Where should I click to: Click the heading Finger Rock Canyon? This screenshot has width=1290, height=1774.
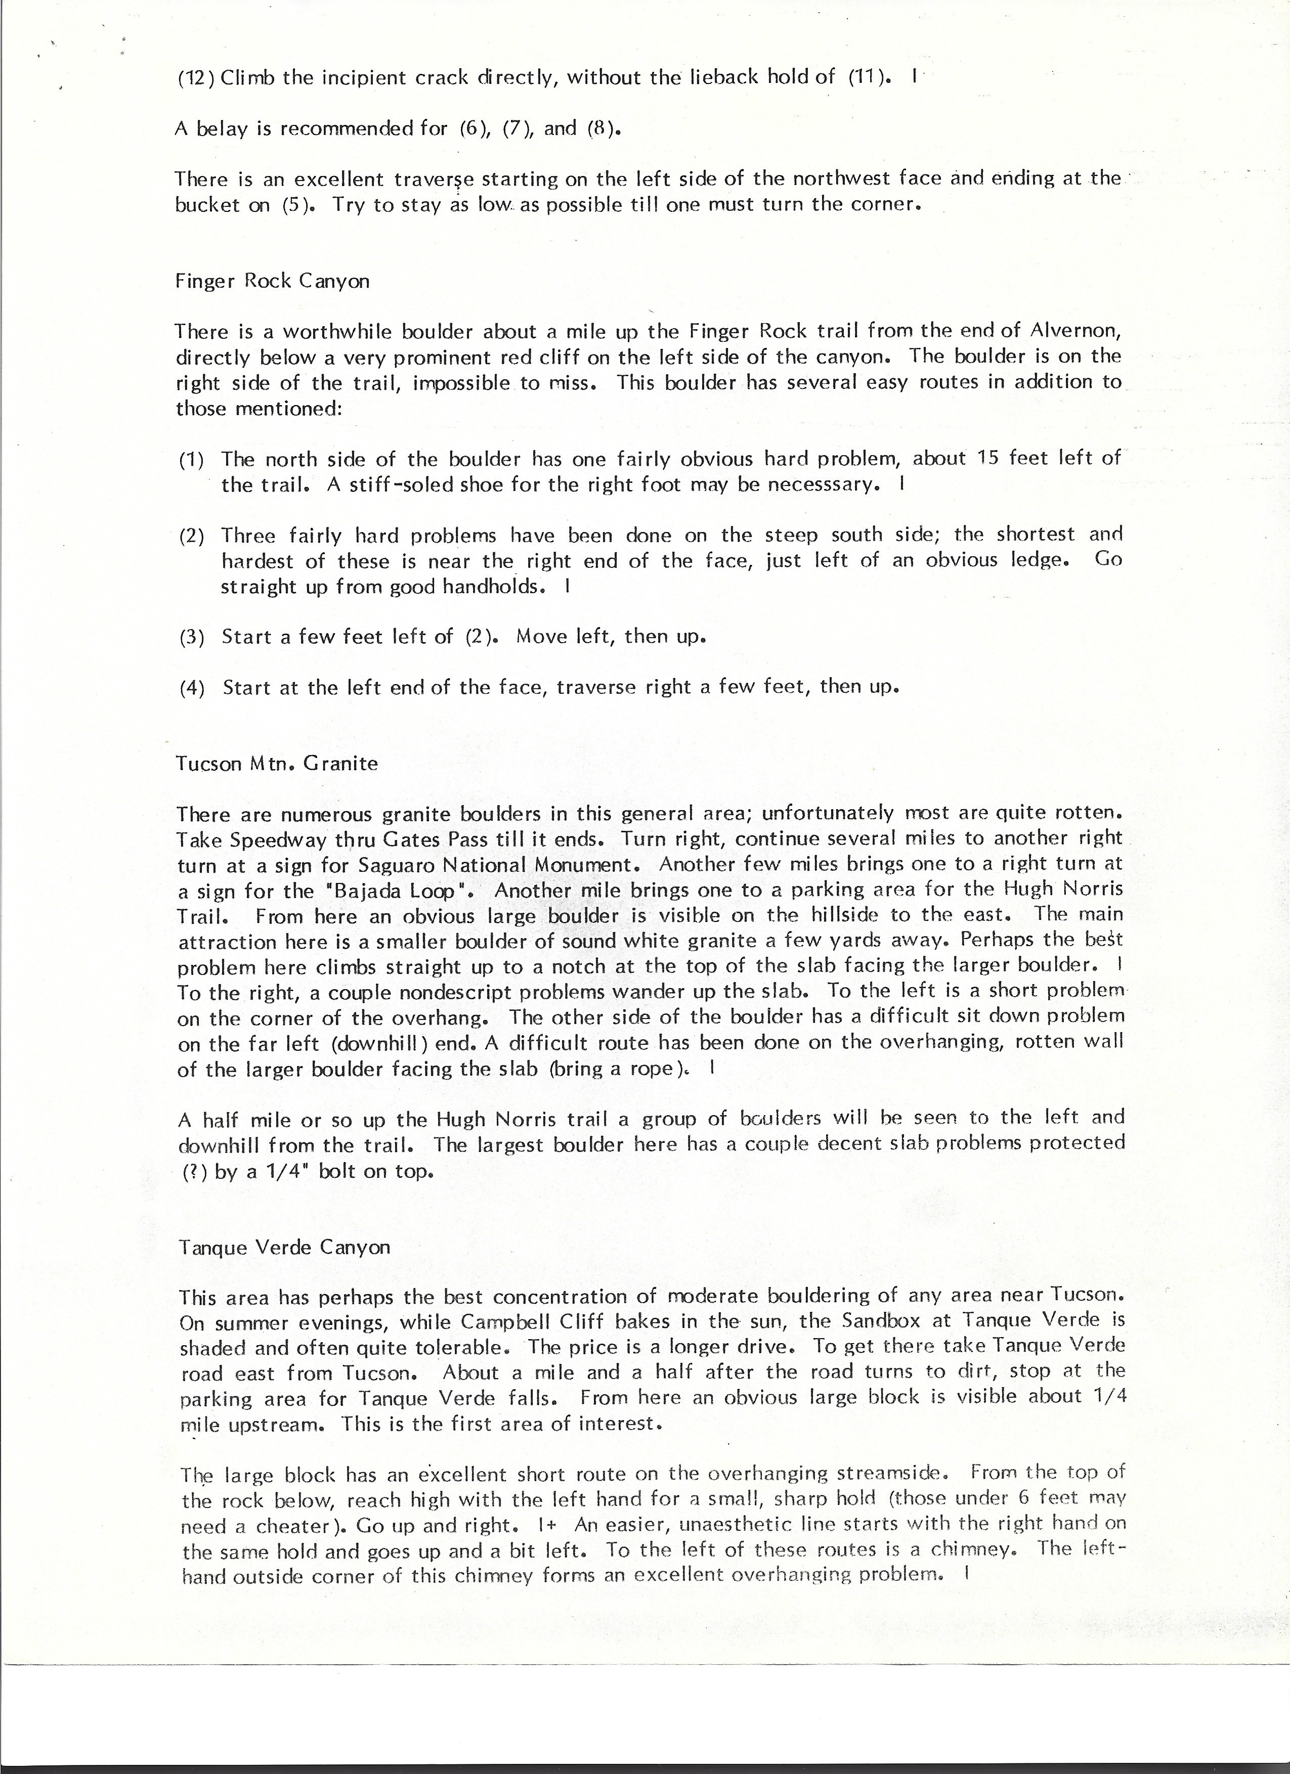coord(272,281)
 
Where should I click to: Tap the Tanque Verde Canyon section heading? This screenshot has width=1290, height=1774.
coord(284,1247)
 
